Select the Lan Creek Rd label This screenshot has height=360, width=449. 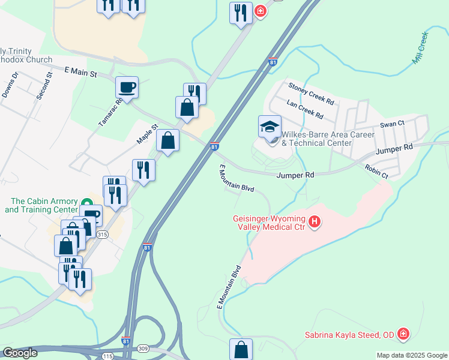(305, 109)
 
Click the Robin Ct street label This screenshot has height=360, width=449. (376, 171)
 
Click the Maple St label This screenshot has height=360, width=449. (146, 134)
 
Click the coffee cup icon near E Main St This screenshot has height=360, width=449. (127, 88)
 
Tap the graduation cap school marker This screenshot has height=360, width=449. (270, 127)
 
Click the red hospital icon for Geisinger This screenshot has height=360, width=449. (314, 224)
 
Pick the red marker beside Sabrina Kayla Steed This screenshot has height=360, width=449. (404, 334)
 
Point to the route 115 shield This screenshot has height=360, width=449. (107, 356)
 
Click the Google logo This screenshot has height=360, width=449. (19, 353)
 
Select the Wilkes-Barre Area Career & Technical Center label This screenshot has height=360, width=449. (324, 139)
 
